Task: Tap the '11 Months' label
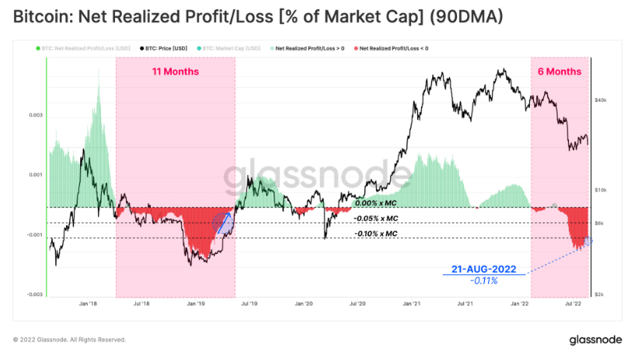pyautogui.click(x=175, y=72)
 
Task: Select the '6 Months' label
pyautogui.click(x=560, y=72)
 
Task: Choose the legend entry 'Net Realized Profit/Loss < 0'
pyautogui.click(x=393, y=48)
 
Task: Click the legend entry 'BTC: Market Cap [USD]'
pyautogui.click(x=234, y=48)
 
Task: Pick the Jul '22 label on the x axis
pyautogui.click(x=574, y=305)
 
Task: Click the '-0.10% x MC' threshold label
pyautogui.click(x=375, y=233)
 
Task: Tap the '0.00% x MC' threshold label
pyautogui.click(x=375, y=203)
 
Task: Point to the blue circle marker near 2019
pyautogui.click(x=224, y=225)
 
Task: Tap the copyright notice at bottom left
pyautogui.click(x=69, y=340)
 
